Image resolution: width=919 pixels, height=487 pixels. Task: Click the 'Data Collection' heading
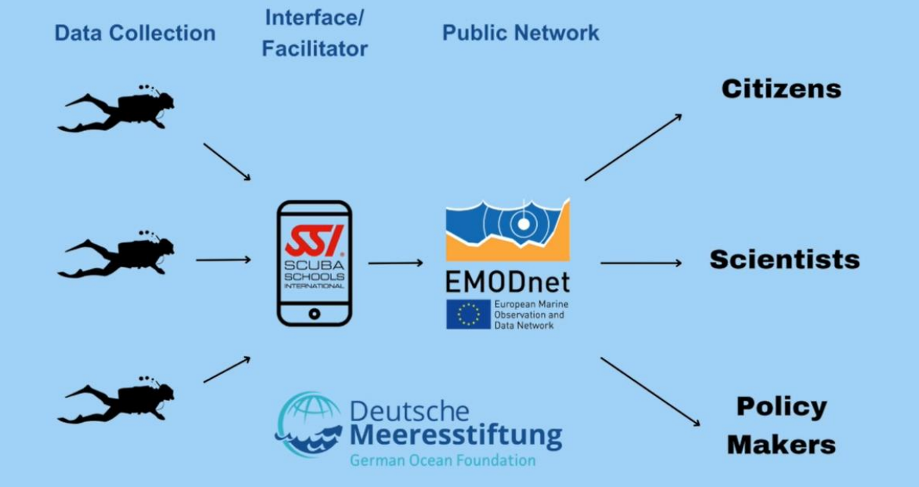click(x=135, y=33)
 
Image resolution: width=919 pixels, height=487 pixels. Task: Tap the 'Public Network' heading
click(x=520, y=33)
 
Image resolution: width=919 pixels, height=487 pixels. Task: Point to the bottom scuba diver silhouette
click(x=117, y=402)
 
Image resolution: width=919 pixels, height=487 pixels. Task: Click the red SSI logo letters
click(x=313, y=240)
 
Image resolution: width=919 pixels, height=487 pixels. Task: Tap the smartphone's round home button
click(x=314, y=313)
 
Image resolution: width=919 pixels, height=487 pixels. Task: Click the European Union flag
click(x=468, y=315)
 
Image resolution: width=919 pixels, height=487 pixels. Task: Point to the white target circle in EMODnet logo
click(x=522, y=224)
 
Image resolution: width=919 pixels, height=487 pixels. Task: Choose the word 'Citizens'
click(x=781, y=89)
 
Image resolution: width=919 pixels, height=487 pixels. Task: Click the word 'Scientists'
click(x=784, y=260)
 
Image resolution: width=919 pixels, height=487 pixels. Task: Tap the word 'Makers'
click(x=781, y=444)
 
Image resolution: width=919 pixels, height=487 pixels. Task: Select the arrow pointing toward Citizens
click(x=633, y=147)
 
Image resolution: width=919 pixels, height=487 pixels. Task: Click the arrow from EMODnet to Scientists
click(x=641, y=263)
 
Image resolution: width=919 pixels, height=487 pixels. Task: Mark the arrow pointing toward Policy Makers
click(x=650, y=391)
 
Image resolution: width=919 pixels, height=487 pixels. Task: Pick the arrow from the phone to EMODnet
click(x=396, y=263)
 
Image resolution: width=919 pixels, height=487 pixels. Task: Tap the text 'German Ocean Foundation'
click(x=442, y=460)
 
